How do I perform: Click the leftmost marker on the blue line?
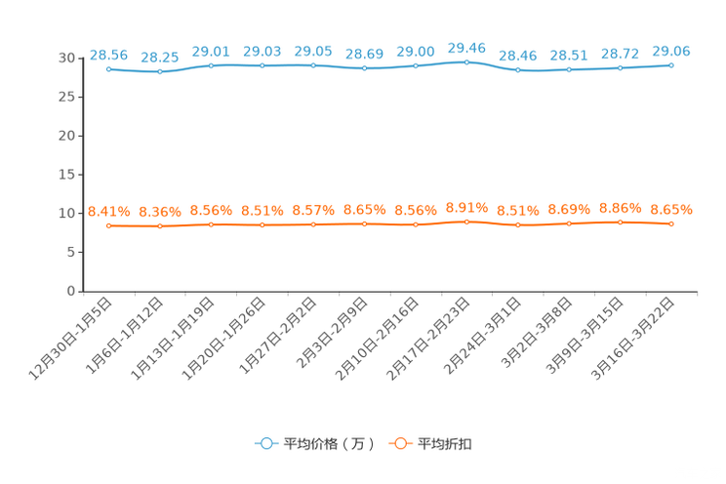tap(109, 68)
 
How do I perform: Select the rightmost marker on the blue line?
tap(671, 64)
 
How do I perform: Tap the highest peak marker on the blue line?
tap(466, 61)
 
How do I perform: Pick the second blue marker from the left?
tap(160, 71)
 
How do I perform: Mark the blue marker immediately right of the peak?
tap(517, 70)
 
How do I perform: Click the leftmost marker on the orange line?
tap(109, 225)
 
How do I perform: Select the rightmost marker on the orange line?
tap(671, 223)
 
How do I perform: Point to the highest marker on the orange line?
tap(466, 222)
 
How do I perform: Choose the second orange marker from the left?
tap(160, 226)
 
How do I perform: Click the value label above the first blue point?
tap(109, 53)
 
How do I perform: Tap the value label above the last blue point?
tap(671, 50)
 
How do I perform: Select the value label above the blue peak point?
tap(466, 46)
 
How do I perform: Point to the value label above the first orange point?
tap(109, 211)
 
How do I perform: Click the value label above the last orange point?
tap(671, 209)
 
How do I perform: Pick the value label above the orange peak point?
tap(466, 206)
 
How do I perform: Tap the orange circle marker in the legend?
tap(398, 443)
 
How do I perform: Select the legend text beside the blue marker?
tap(329, 444)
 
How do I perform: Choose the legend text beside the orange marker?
tap(445, 444)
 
